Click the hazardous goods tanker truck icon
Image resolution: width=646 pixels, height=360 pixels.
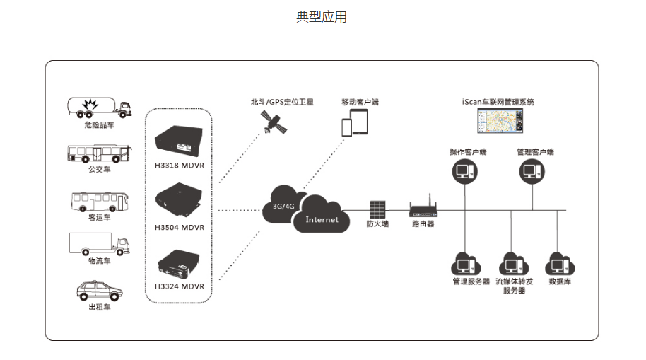pos(99,108)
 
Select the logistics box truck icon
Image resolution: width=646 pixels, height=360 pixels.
pos(99,244)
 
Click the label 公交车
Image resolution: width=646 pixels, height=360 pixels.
pos(99,169)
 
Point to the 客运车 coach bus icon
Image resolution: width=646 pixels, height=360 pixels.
pos(100,202)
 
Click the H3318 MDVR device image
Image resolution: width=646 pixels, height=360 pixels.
pos(179,141)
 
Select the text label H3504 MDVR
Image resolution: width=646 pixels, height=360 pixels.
pos(180,227)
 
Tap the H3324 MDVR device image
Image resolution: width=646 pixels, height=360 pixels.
pos(179,265)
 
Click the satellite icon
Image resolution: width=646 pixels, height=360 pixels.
pos(274,122)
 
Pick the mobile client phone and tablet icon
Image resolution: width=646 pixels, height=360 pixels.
pos(355,122)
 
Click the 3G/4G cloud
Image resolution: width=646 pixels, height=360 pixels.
pos(283,205)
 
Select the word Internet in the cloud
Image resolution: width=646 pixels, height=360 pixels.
pos(322,220)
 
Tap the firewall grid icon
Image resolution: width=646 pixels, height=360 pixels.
pos(377,209)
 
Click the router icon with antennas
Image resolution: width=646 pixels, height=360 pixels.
pos(423,207)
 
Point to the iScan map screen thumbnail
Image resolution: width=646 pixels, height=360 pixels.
pos(500,121)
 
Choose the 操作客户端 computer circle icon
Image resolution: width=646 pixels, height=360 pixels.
pos(465,172)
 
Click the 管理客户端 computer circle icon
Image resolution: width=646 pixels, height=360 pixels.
pos(532,172)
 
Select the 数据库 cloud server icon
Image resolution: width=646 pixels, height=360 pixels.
pos(560,264)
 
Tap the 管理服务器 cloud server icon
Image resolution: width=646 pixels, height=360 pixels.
pos(466,264)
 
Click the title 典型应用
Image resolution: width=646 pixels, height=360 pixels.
pos(322,17)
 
